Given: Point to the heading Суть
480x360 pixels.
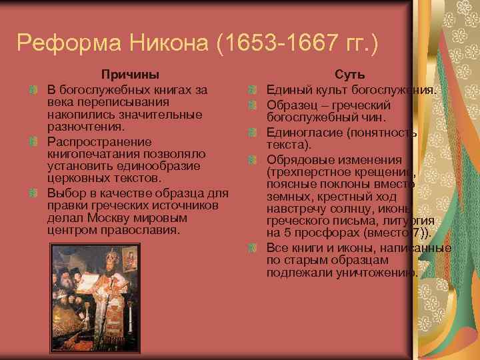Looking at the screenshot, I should [349, 75].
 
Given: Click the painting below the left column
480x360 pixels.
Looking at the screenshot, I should [99, 291].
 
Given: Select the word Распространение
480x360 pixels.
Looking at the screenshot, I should [99, 141].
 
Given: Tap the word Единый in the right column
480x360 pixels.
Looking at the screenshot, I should [288, 90].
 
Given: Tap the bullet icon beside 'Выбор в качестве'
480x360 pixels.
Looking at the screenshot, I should [33, 193].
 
